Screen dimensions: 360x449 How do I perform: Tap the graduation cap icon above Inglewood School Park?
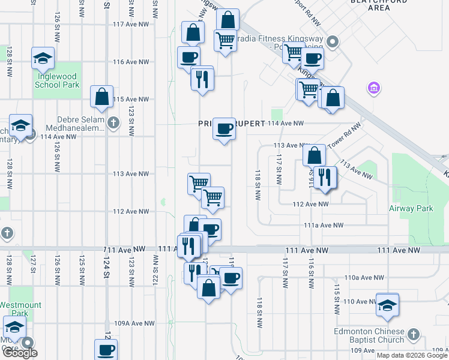(x=43, y=58)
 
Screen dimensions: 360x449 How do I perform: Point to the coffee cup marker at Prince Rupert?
(x=224, y=128)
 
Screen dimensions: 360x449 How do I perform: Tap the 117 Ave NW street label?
(x=130, y=25)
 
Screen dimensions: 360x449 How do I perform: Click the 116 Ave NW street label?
(x=130, y=62)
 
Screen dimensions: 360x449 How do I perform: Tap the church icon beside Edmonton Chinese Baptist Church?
(x=413, y=334)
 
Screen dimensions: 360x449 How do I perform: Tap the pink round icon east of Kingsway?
(x=373, y=89)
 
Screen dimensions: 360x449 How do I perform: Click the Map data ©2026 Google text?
(x=411, y=355)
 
